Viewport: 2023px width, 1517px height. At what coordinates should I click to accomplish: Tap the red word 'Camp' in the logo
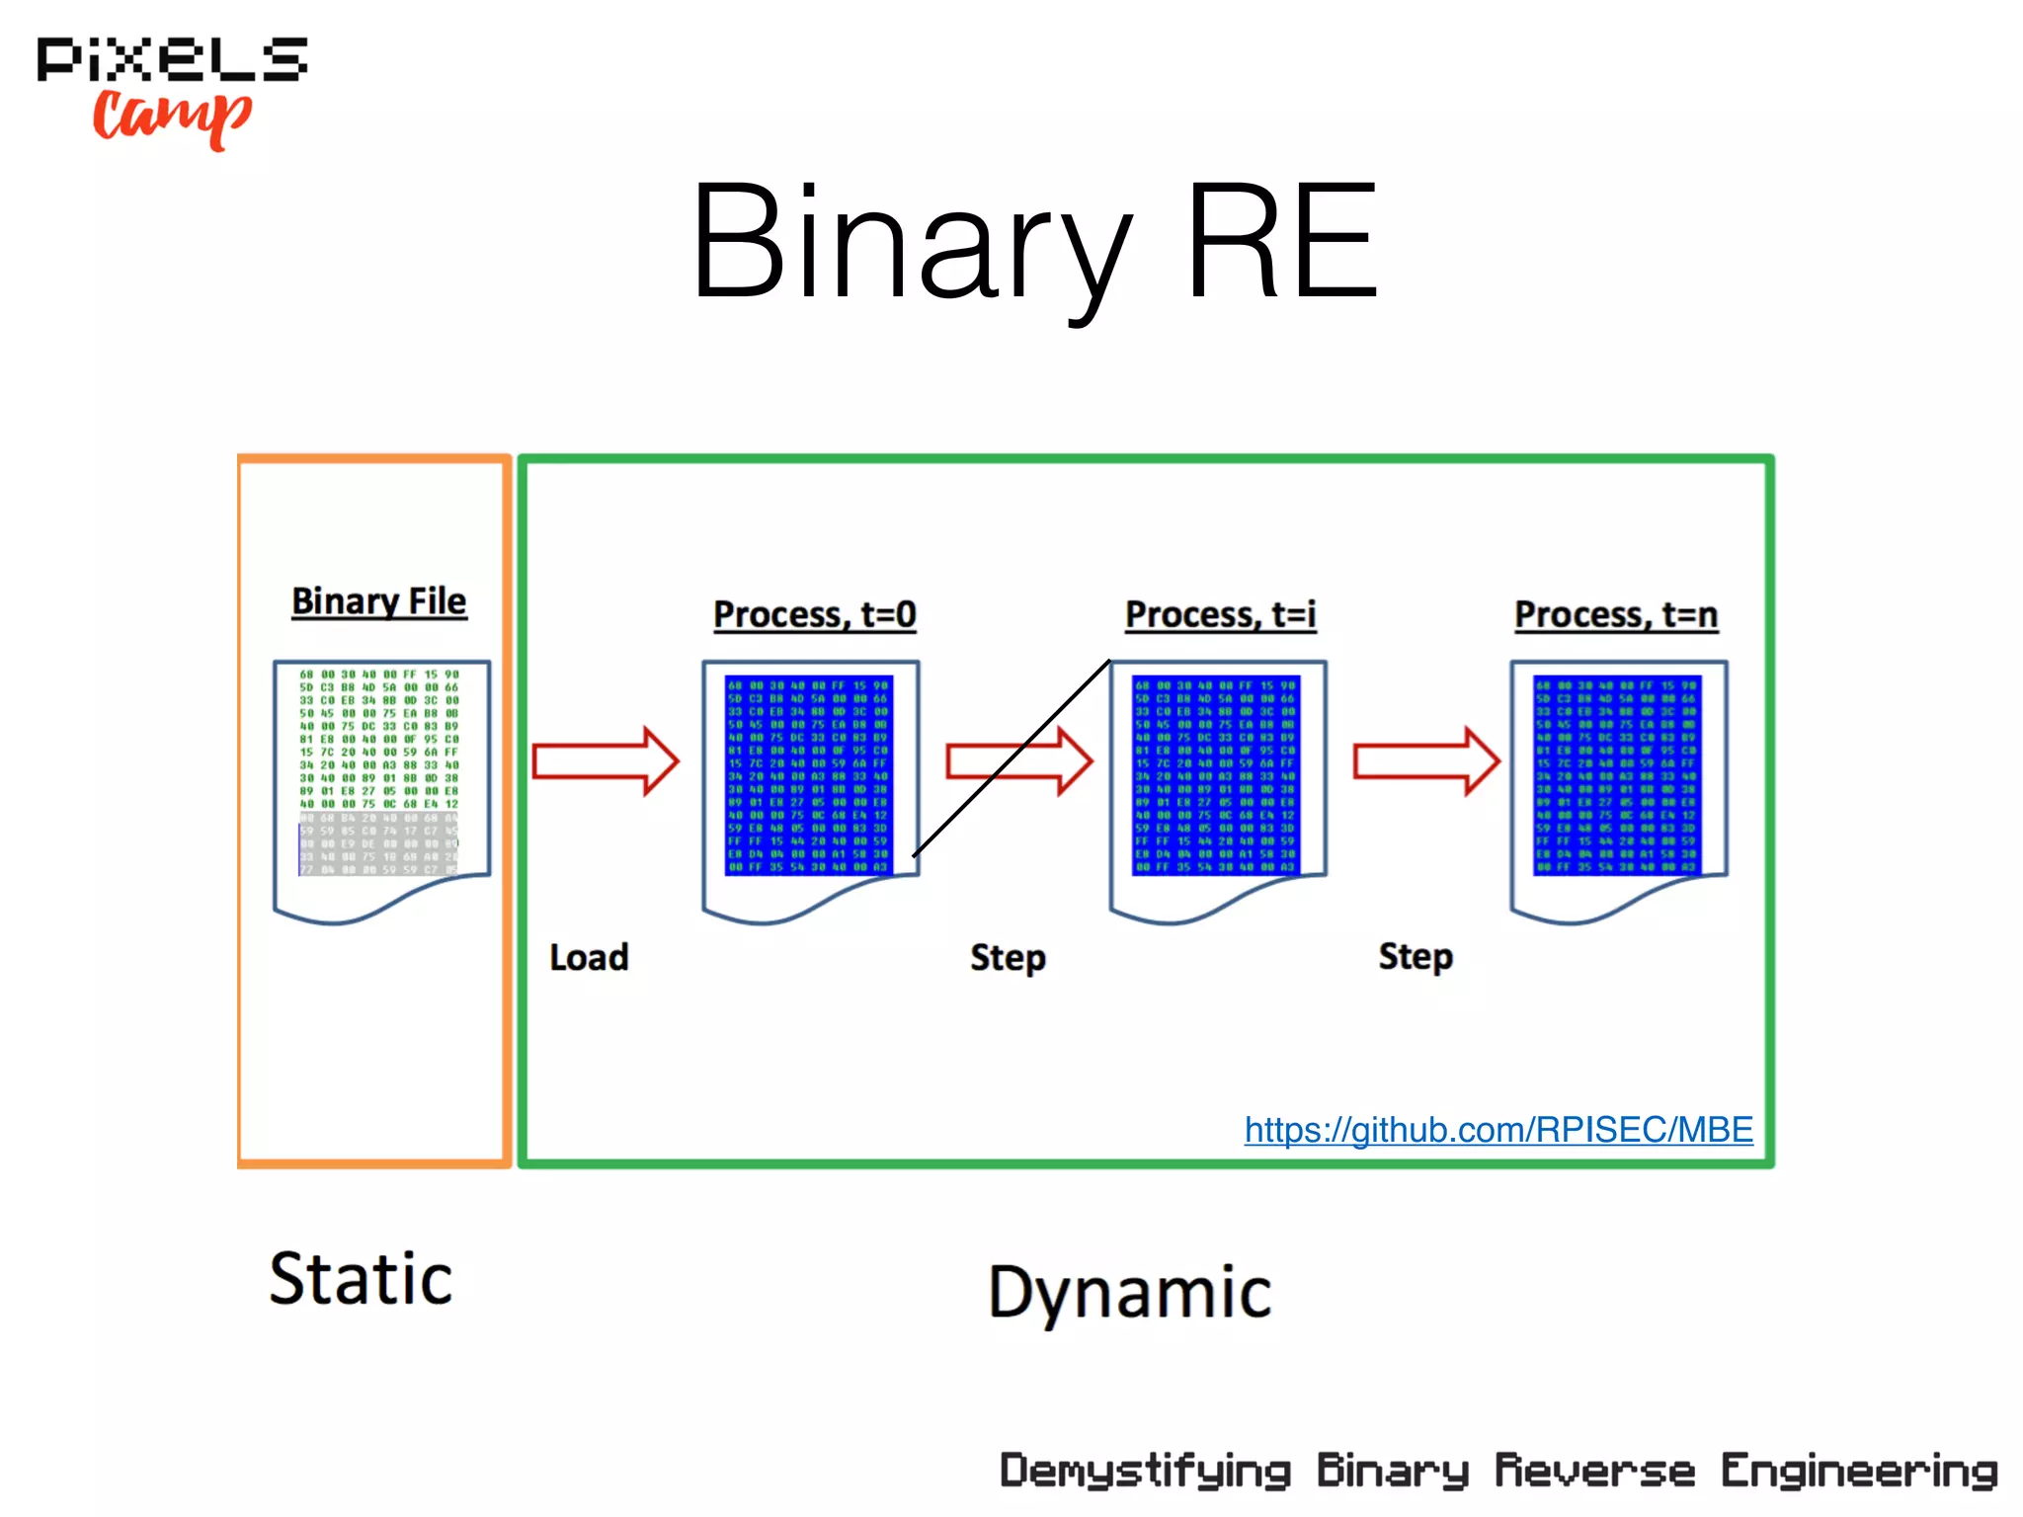point(173,117)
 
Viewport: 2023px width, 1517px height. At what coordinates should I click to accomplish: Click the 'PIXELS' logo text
point(172,59)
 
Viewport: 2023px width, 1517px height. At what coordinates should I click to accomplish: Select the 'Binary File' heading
point(378,601)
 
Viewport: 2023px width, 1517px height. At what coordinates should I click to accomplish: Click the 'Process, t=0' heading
point(815,614)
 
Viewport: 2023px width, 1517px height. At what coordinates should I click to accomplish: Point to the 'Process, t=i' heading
point(1220,614)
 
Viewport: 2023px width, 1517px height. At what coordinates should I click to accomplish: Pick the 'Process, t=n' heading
point(1616,614)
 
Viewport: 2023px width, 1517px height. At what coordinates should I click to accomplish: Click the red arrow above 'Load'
point(605,760)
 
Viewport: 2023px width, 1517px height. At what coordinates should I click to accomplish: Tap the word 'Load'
point(589,957)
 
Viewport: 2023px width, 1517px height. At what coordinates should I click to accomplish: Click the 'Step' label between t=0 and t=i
point(1008,957)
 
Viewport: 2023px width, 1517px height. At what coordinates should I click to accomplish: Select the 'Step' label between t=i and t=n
point(1416,956)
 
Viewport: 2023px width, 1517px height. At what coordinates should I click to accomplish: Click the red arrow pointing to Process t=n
point(1425,760)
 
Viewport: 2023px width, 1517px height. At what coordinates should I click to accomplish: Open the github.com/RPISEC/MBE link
point(1497,1129)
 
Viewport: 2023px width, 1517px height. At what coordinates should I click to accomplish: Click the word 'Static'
point(362,1279)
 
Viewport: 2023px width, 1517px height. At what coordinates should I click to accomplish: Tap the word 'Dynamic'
point(1129,1292)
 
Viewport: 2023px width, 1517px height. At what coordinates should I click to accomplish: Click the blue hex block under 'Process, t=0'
point(808,775)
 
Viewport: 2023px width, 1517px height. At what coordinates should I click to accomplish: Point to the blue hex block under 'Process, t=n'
point(1616,775)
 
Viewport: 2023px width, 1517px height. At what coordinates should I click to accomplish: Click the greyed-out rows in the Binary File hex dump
point(378,844)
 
